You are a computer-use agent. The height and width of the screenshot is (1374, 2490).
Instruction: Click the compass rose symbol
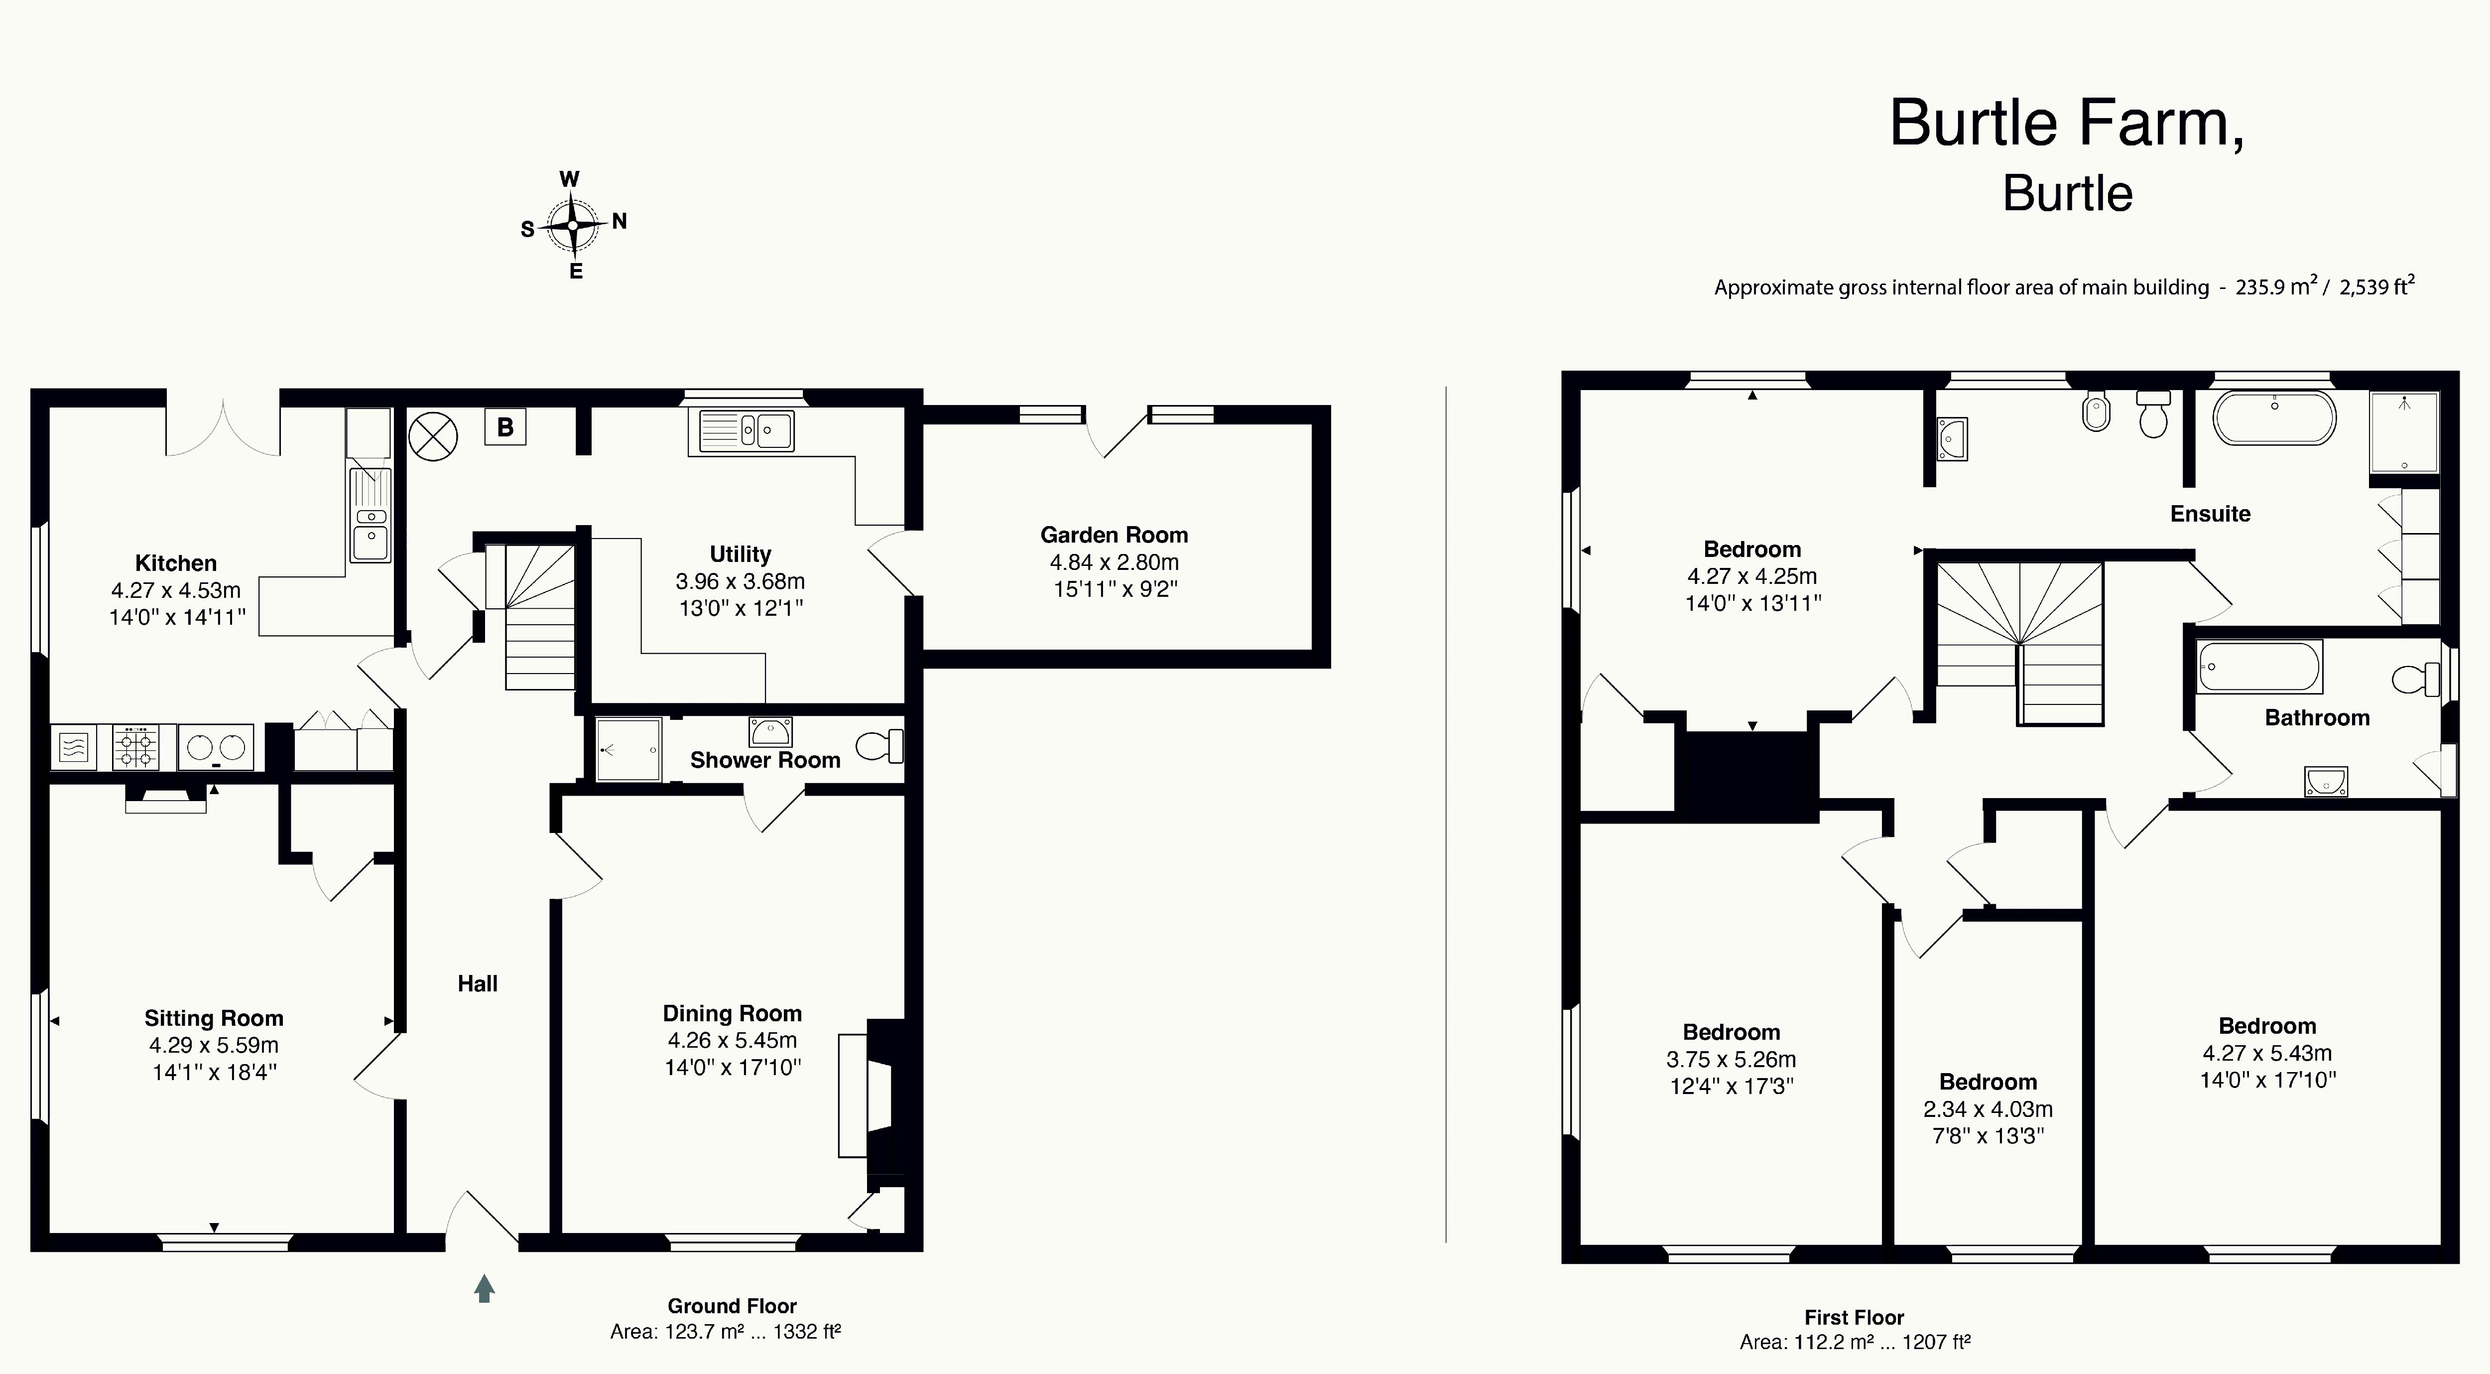(573, 225)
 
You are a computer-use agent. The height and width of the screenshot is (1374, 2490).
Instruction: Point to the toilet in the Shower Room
(879, 745)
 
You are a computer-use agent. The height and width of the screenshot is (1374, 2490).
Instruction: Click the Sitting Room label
(214, 1018)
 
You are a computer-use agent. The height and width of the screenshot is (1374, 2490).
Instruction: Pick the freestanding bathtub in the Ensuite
(2274, 417)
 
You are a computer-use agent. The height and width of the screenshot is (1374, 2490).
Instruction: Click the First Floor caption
(1854, 1317)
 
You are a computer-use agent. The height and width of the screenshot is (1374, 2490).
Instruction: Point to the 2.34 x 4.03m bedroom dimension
(1988, 1109)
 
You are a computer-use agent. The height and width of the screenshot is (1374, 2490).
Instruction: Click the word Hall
(478, 983)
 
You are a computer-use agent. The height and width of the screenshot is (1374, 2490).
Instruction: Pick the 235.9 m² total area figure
(2277, 286)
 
